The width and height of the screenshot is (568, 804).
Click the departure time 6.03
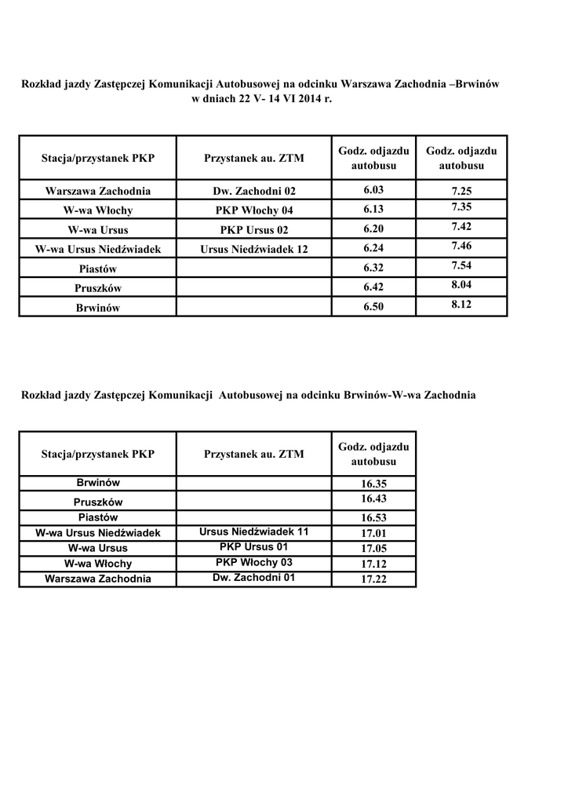pyautogui.click(x=374, y=190)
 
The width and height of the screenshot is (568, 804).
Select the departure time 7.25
pyautogui.click(x=462, y=190)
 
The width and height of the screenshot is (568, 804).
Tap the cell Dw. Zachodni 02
pyautogui.click(x=255, y=191)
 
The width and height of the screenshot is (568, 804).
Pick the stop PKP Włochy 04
pyautogui.click(x=255, y=210)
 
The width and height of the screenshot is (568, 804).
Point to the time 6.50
pyautogui.click(x=374, y=308)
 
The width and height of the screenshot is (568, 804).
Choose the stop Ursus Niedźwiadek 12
pyautogui.click(x=255, y=250)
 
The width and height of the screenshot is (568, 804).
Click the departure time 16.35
pyautogui.click(x=374, y=484)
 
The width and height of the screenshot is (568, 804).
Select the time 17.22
pyautogui.click(x=374, y=579)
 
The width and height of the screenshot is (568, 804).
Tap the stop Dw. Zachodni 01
pyautogui.click(x=254, y=578)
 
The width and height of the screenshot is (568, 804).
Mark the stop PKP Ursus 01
pyautogui.click(x=254, y=546)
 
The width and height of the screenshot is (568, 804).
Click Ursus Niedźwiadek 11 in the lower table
pyautogui.click(x=254, y=532)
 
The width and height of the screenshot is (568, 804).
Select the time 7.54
pyautogui.click(x=462, y=265)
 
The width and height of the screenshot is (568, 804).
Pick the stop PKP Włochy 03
pyautogui.click(x=254, y=562)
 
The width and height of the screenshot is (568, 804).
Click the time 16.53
pyautogui.click(x=374, y=517)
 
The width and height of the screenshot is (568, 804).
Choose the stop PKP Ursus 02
pyautogui.click(x=255, y=230)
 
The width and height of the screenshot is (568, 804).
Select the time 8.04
pyautogui.click(x=462, y=284)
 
